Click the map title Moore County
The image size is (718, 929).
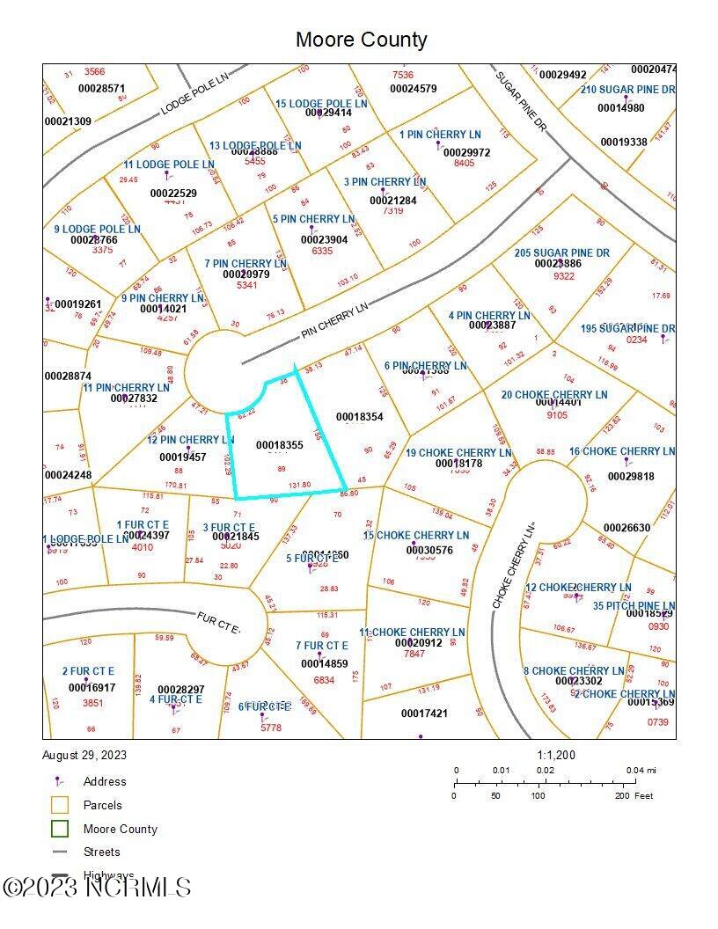pyautogui.click(x=361, y=40)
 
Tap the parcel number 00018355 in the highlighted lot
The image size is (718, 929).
pyautogui.click(x=280, y=446)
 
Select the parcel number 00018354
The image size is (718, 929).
pyautogui.click(x=360, y=416)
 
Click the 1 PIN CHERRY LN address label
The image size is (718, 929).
pyautogui.click(x=440, y=135)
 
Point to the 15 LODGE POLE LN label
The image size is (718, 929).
pyautogui.click(x=321, y=104)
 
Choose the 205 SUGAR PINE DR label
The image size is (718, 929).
pyautogui.click(x=562, y=253)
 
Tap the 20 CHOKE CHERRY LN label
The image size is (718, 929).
pyautogui.click(x=554, y=395)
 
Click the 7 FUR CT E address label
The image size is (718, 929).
pyautogui.click(x=322, y=646)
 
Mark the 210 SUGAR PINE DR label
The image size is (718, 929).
pyautogui.click(x=627, y=90)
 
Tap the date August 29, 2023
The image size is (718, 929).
pyautogui.click(x=84, y=755)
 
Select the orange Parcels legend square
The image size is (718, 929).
pyautogui.click(x=60, y=805)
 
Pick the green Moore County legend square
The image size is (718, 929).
pyautogui.click(x=60, y=829)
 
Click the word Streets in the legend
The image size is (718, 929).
pyautogui.click(x=101, y=852)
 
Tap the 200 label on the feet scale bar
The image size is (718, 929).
pyautogui.click(x=622, y=795)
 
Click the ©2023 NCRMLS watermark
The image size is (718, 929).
pyautogui.click(x=96, y=886)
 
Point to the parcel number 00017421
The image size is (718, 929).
pyautogui.click(x=424, y=713)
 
